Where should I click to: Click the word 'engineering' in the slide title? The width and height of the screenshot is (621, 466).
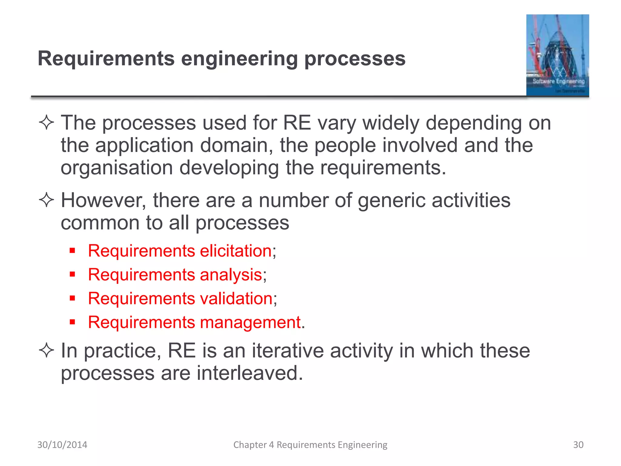coord(239,59)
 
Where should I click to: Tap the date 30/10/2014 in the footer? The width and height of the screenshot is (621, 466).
coord(62,445)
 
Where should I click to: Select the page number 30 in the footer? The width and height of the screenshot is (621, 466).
coord(578,445)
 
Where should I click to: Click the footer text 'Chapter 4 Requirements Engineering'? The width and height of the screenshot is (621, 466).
coord(310,445)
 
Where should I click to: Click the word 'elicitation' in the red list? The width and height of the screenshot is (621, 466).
coord(236,251)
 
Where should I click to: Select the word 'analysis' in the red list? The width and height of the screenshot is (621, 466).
coord(231,275)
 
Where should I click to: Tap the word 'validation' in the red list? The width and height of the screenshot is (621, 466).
coord(236,298)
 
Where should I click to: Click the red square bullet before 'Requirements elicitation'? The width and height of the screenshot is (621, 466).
coord(72,251)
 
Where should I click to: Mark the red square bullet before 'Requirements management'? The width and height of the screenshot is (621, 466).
coord(72,322)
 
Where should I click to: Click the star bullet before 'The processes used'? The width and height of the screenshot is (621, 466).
coord(46,123)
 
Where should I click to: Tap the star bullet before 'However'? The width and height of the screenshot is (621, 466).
coord(46,201)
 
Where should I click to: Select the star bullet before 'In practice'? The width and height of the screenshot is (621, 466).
coord(46,351)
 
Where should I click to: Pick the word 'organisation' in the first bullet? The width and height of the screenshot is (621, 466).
coord(117,168)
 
